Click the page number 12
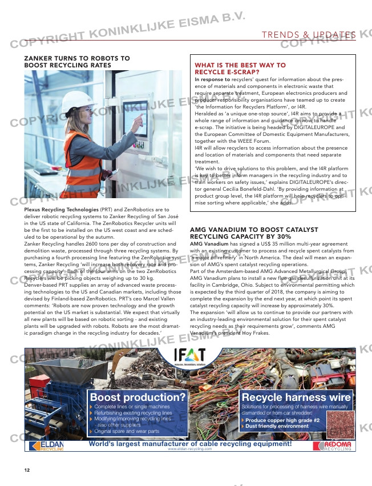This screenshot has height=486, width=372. pyautogui.click(x=27, y=470)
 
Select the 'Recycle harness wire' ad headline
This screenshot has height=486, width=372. pyautogui.click(x=296, y=397)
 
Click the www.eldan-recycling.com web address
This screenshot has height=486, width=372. pyautogui.click(x=190, y=449)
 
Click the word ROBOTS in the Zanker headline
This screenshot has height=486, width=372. pyautogui.click(x=94, y=58)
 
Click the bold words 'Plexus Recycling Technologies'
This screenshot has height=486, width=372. pyautogui.click(x=62, y=210)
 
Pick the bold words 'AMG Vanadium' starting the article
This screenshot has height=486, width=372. pyautogui.click(x=209, y=243)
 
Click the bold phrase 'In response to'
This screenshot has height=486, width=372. pyautogui.click(x=212, y=79)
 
